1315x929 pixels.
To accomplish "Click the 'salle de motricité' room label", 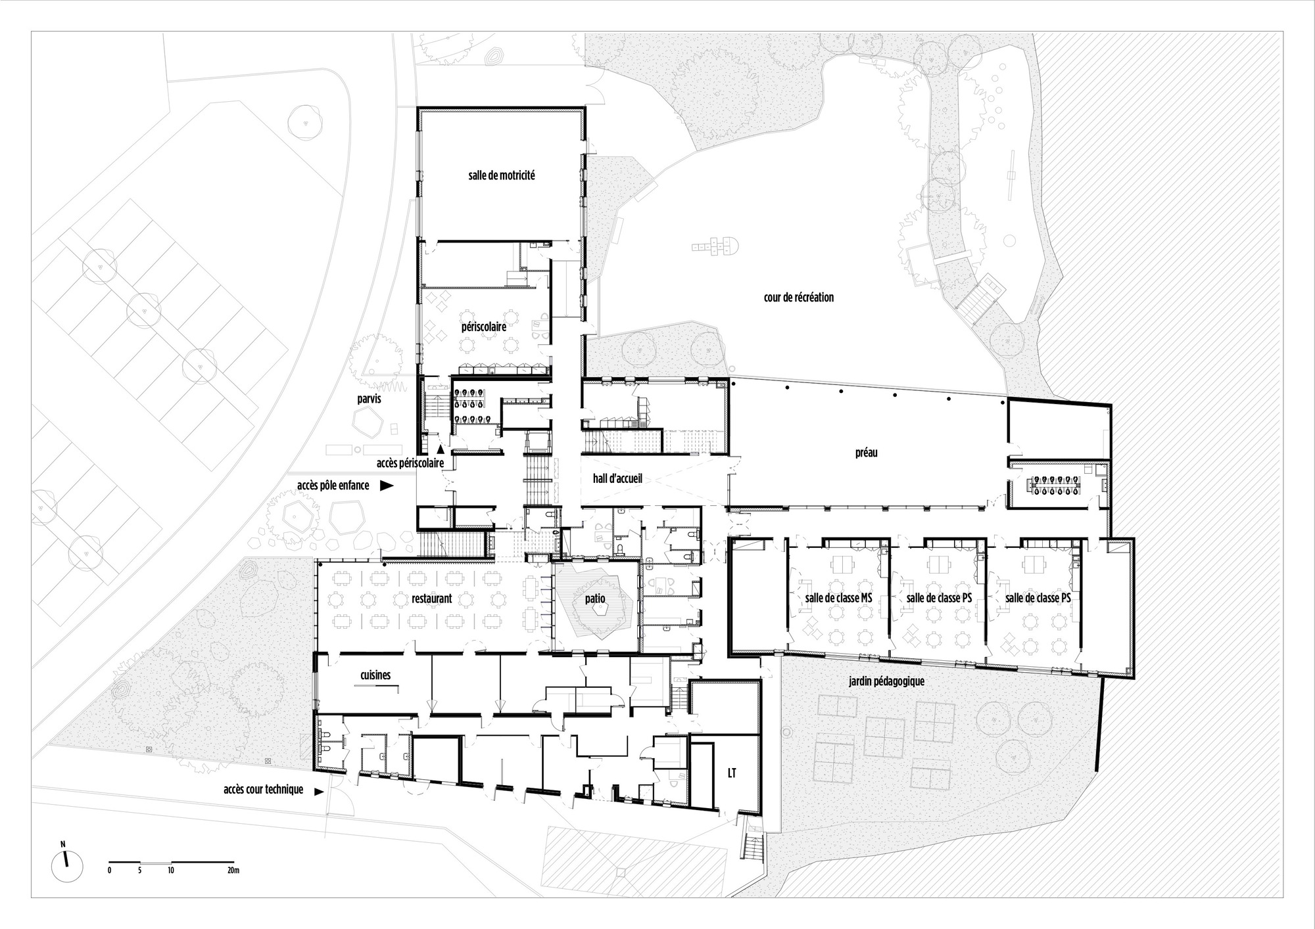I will (501, 175).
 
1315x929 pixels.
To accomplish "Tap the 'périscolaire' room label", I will (483, 326).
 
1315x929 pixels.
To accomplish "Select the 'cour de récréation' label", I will (798, 297).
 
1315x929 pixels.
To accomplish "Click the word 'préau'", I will (867, 453).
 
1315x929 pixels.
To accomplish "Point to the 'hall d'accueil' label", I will (617, 479).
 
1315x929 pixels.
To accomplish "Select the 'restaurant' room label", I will (431, 599).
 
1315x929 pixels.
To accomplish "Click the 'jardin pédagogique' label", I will (886, 681).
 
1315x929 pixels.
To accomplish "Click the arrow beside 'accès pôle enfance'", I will (387, 486).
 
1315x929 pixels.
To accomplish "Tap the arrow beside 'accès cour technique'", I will (320, 792).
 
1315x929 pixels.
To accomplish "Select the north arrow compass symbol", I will (66, 866).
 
